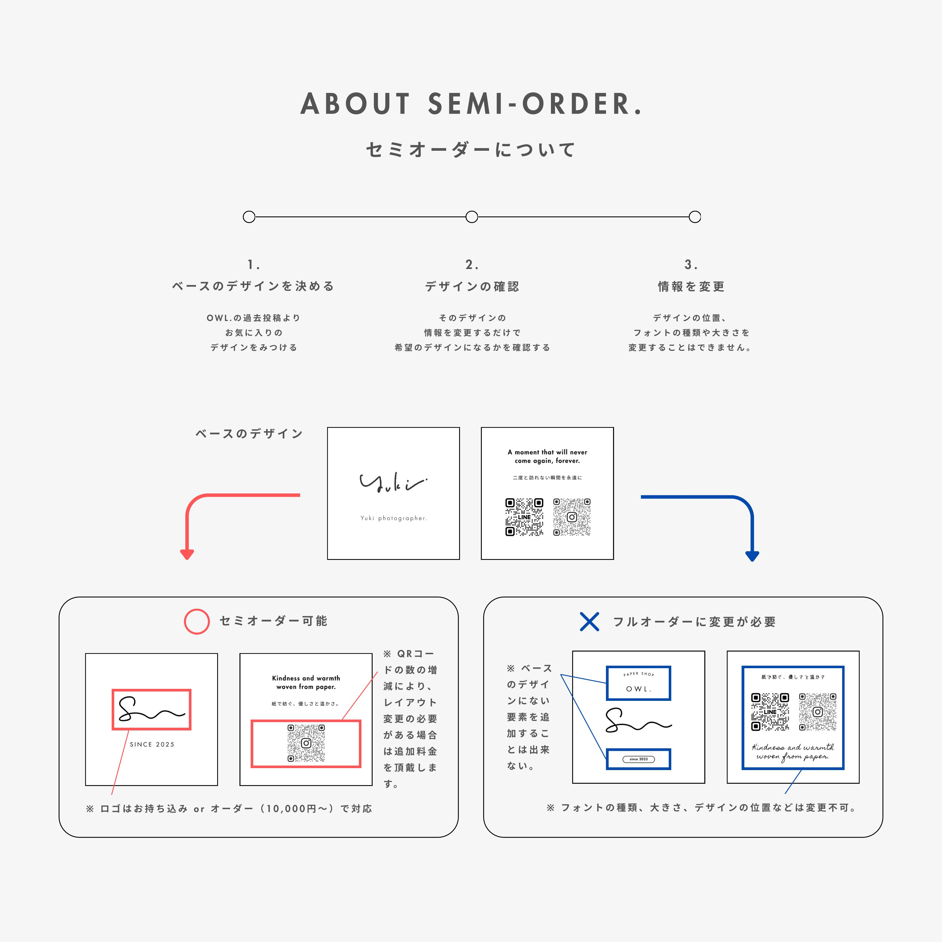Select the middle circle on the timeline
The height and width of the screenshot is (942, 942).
[x=471, y=217]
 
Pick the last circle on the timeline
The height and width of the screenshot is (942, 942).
[x=695, y=217]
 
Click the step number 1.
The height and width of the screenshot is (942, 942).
[x=253, y=265]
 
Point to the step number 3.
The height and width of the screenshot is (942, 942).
[x=691, y=265]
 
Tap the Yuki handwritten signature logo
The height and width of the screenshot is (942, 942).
[x=392, y=483]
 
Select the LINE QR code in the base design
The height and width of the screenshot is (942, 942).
[x=524, y=517]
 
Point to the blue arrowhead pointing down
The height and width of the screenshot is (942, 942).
[x=752, y=555]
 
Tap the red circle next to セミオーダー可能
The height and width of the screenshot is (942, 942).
[x=196, y=621]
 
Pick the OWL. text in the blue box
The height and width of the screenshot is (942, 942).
[x=638, y=689]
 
